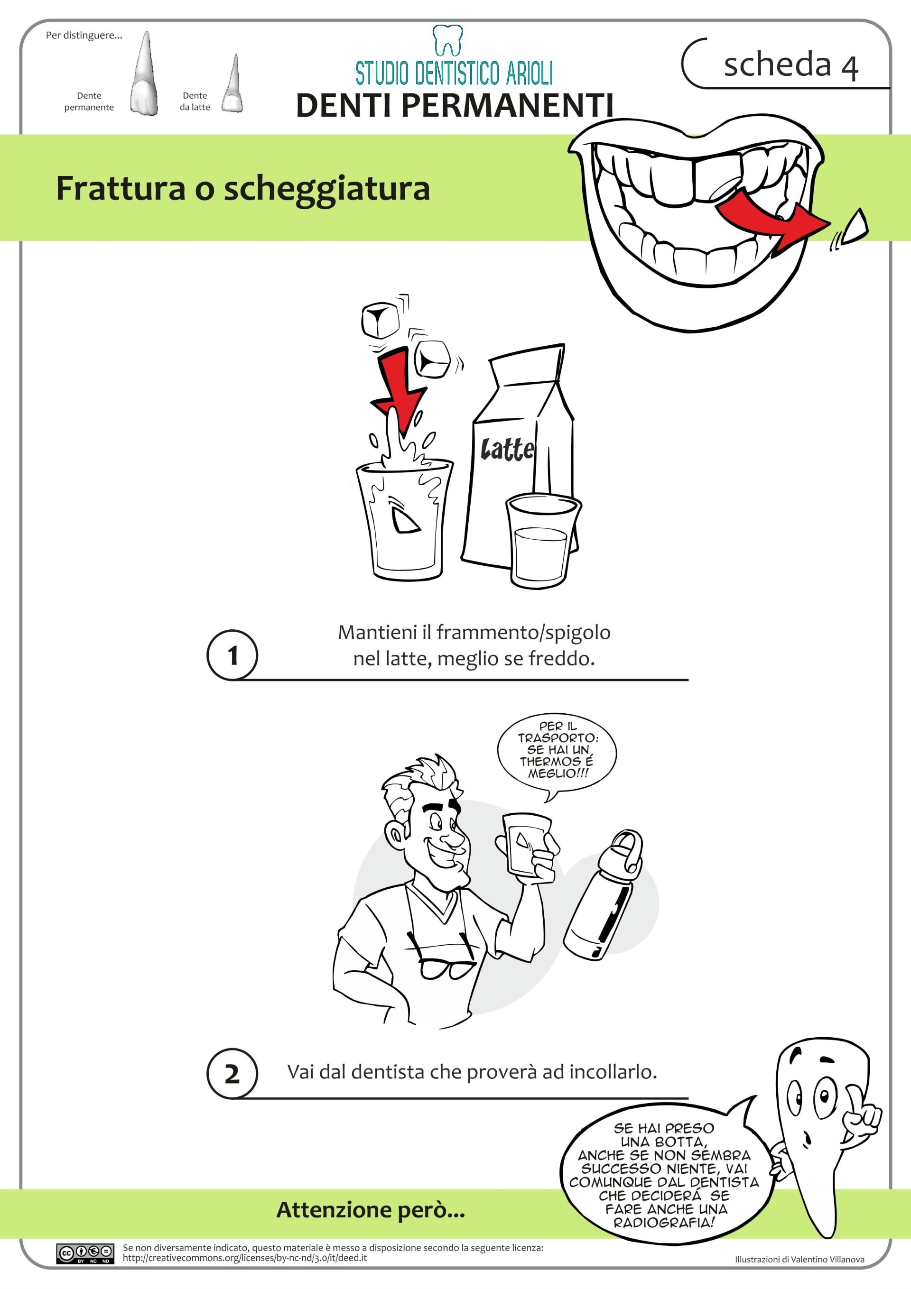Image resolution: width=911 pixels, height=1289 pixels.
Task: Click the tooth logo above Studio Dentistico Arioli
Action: coord(447,40)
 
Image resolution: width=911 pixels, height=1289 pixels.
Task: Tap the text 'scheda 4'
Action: coord(791,64)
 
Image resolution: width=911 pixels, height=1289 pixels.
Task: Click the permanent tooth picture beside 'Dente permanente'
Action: coord(145,74)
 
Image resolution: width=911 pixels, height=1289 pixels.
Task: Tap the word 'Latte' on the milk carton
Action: coord(507,449)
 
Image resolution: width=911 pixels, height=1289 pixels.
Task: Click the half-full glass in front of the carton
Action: coord(542,541)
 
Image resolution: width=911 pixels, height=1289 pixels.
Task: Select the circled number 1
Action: coord(232,655)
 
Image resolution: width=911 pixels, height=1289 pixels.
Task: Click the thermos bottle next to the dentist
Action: coord(604,895)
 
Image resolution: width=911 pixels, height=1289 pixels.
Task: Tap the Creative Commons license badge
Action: coord(85,1253)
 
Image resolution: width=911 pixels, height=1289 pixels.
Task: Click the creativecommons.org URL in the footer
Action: coord(245,1258)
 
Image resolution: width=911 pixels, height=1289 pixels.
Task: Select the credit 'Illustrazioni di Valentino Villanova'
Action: coord(800,1259)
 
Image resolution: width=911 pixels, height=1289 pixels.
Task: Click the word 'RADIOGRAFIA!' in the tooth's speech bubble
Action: coord(664,1222)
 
